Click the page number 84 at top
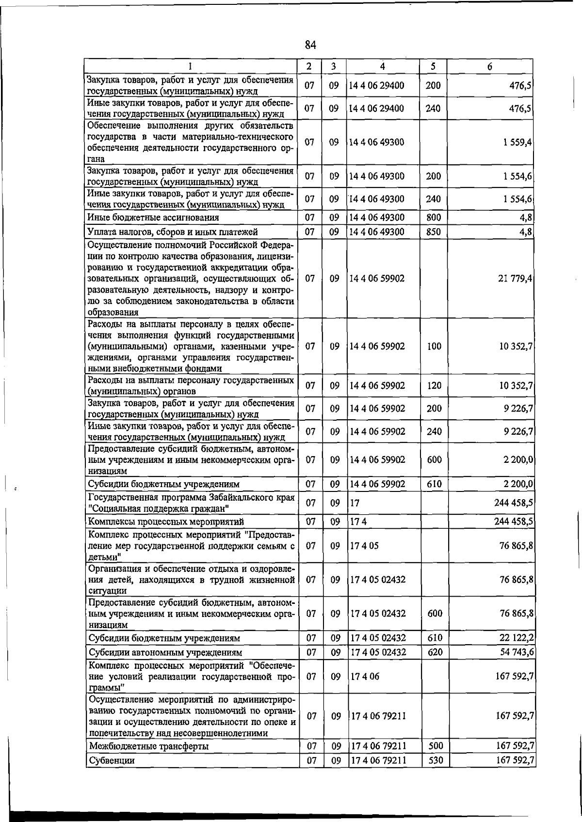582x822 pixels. coord(310,45)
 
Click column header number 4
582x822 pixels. coord(383,67)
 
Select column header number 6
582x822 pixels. coord(490,67)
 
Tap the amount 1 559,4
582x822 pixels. coord(517,142)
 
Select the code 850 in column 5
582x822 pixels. coord(433,232)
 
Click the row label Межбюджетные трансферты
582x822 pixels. coord(148,746)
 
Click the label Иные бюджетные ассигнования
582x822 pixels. coord(153,218)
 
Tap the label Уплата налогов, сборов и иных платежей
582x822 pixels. coord(172,232)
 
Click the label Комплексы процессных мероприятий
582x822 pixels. coord(165,522)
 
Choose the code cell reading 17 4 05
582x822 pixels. coord(364,546)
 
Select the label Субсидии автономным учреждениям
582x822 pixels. coord(165,652)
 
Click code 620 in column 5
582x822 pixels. coord(435,652)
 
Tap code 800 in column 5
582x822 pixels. coord(433,218)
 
